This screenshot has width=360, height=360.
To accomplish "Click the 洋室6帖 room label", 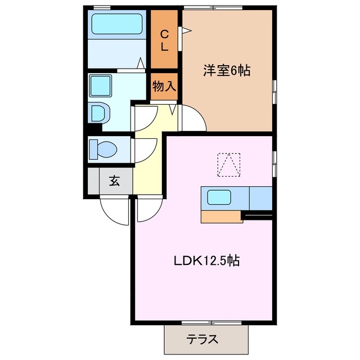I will click(x=227, y=71).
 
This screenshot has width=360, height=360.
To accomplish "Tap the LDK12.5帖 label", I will click(x=206, y=261).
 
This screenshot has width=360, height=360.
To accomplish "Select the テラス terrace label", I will click(x=202, y=339).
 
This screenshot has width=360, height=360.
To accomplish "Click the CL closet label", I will click(x=164, y=40).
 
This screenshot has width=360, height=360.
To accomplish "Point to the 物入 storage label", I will click(x=164, y=86).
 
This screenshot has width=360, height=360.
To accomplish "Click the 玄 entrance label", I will click(x=114, y=181).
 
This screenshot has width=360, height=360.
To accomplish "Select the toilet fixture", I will click(x=104, y=150).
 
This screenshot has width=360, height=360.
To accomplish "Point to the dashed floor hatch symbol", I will click(x=229, y=164).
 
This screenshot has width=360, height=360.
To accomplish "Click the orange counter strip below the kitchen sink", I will click(x=220, y=216).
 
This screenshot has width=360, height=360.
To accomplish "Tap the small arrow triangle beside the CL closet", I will click(x=183, y=31).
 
